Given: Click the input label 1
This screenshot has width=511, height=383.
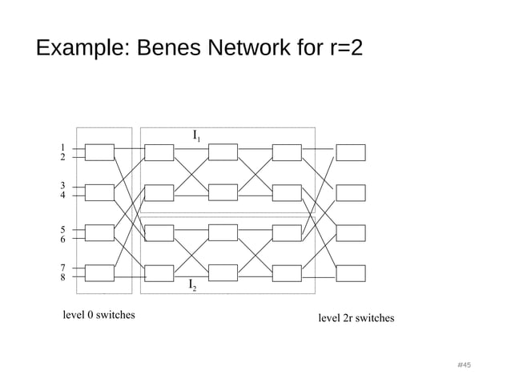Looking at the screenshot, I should click(x=62, y=147).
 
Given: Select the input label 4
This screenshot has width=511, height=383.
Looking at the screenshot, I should click(x=62, y=195).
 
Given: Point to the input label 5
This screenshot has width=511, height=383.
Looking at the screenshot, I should click(x=62, y=229).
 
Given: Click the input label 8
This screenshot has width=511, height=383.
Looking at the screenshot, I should click(x=62, y=278).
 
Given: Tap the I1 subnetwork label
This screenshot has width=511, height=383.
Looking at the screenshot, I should click(x=196, y=136).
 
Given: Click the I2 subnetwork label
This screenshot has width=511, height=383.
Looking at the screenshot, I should click(x=193, y=285).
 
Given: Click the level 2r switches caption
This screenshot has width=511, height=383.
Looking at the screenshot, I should click(x=356, y=318).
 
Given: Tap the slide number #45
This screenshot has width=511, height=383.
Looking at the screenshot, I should click(x=463, y=365).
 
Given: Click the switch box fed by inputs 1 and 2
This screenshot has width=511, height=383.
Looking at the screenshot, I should click(x=99, y=152).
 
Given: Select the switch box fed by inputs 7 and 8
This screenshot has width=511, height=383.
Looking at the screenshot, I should click(x=99, y=273).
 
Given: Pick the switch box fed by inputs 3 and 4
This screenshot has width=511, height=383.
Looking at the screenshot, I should click(x=99, y=192).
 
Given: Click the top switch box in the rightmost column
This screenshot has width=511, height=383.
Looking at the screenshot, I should click(x=350, y=152).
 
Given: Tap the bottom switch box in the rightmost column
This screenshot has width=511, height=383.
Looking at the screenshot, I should click(x=350, y=273).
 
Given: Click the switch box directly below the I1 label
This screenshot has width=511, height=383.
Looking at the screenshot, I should click(x=223, y=152).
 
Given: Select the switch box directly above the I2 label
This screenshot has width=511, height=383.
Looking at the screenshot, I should click(x=223, y=273).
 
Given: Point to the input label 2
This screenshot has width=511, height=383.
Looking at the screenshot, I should click(x=62, y=158).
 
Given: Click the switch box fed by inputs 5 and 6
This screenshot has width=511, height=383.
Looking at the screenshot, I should click(x=99, y=232).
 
